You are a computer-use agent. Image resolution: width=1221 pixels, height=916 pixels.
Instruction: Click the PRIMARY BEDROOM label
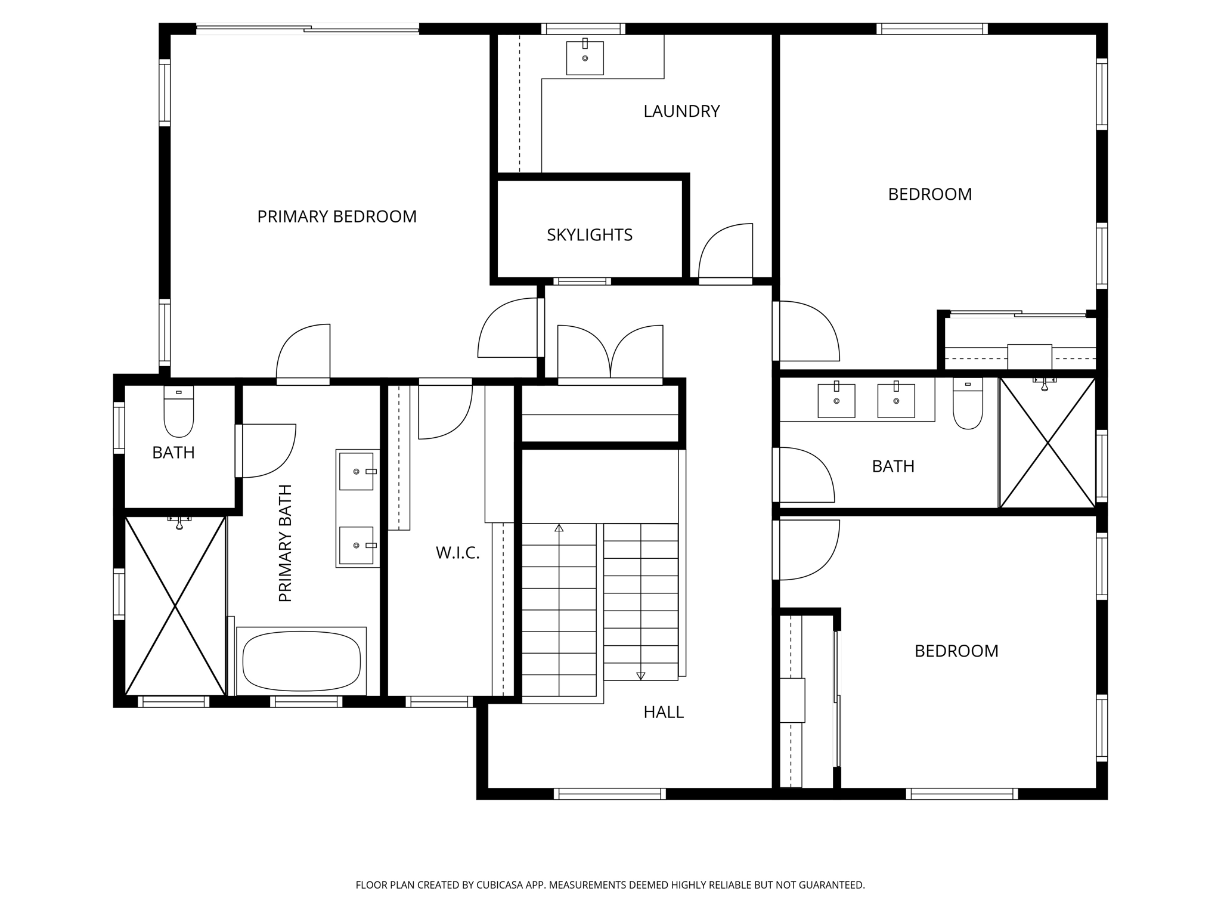337,216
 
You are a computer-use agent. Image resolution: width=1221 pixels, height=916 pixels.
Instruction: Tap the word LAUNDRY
681,112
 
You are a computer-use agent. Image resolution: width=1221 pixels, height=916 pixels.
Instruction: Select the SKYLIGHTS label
589,235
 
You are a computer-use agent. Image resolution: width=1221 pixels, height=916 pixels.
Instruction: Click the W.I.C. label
457,553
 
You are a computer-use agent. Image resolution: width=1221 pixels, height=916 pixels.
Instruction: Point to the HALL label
663,712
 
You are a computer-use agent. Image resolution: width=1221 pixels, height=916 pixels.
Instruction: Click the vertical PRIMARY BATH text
286,543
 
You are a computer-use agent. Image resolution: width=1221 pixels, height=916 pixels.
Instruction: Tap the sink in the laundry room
585,58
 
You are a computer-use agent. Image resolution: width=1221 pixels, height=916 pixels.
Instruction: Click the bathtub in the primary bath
302,661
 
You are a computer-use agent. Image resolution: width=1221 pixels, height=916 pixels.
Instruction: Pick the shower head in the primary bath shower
179,523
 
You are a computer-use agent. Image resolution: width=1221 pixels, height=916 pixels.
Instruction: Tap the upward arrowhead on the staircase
559,528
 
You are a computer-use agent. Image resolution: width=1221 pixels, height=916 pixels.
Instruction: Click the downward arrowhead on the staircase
641,676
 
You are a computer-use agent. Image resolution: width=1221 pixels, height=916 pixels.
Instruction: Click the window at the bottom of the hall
609,794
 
